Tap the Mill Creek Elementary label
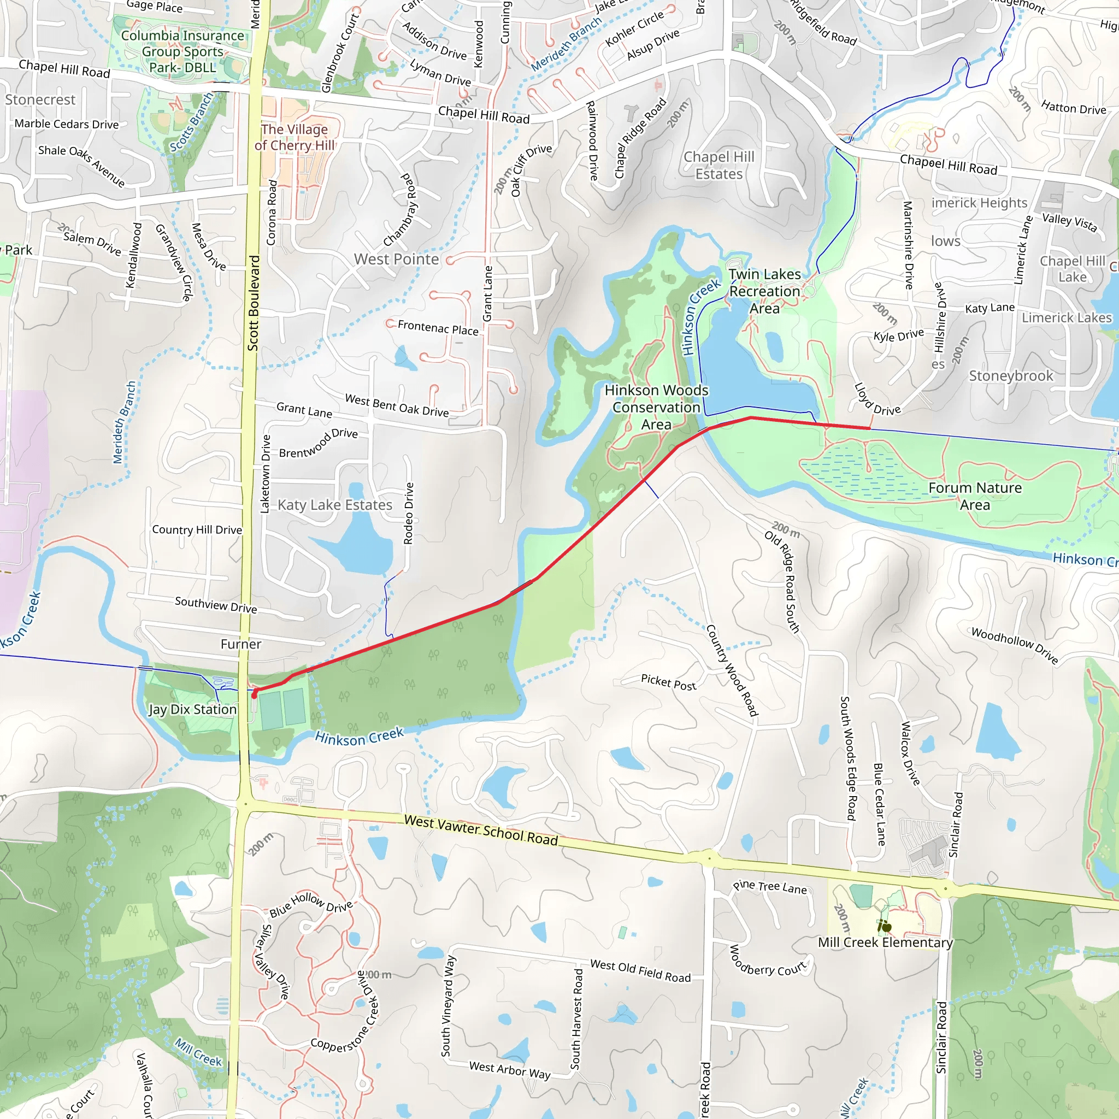point(885,943)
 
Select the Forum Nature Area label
point(975,496)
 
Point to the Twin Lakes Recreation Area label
point(764,291)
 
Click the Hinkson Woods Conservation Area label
point(656,407)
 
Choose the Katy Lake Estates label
point(335,505)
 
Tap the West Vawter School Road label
point(481,829)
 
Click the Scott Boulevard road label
point(253,303)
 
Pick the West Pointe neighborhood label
point(396,259)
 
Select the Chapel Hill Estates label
point(719,166)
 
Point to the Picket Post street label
point(668,682)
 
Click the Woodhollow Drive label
point(1014,645)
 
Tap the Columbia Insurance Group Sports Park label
point(182,51)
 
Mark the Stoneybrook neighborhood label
point(1011,376)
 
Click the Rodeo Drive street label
point(408,513)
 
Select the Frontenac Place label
point(438,328)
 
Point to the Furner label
point(241,644)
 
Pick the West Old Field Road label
point(640,971)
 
